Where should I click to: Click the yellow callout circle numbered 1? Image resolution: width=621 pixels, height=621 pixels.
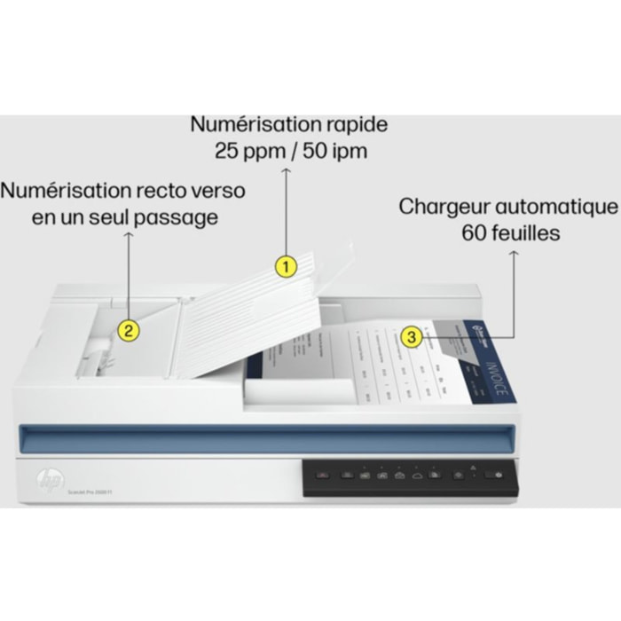[x=285, y=264]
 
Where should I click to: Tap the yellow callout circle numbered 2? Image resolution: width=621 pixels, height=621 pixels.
[x=129, y=331]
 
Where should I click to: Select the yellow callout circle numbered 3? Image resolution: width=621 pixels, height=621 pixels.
[x=411, y=336]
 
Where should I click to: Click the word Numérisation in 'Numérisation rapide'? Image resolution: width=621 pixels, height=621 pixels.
[x=255, y=125]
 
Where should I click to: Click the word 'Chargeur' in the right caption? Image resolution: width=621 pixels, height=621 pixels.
[x=444, y=208]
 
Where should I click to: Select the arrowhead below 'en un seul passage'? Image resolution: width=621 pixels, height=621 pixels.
[x=129, y=235]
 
